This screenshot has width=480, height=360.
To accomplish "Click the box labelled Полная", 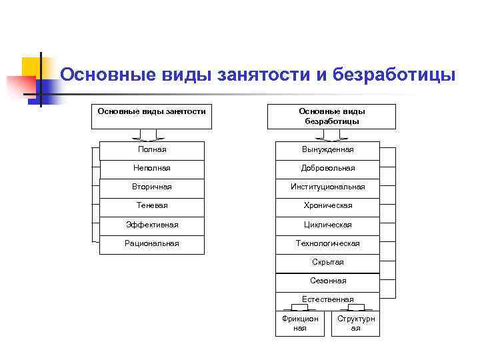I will click(x=151, y=150).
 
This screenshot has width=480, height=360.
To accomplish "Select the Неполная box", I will click(x=151, y=169).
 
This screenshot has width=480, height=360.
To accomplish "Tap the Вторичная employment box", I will click(x=151, y=187).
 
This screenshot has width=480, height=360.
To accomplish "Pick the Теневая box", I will click(x=151, y=206).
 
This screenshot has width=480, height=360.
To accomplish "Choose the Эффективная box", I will click(x=151, y=225).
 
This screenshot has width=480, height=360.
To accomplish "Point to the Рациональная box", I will click(x=151, y=243).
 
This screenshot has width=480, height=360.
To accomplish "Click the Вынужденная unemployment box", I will click(x=327, y=150).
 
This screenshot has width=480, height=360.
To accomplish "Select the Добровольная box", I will click(x=327, y=169).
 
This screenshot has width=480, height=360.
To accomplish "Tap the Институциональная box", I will click(x=327, y=187).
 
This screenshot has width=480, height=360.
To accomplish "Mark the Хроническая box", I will click(x=327, y=206).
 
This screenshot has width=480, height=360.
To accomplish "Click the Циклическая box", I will click(x=327, y=225).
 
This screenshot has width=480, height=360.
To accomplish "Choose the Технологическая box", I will click(x=327, y=243).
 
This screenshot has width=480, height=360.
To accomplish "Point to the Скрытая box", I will click(x=327, y=262).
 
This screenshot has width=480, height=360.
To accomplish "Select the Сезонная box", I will click(x=327, y=281).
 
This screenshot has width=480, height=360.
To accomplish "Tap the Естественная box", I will click(x=327, y=299).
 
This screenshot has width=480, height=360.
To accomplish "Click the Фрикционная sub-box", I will click(x=300, y=323).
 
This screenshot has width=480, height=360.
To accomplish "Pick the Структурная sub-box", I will click(x=355, y=323).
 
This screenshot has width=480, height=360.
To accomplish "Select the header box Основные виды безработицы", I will click(x=331, y=116).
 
